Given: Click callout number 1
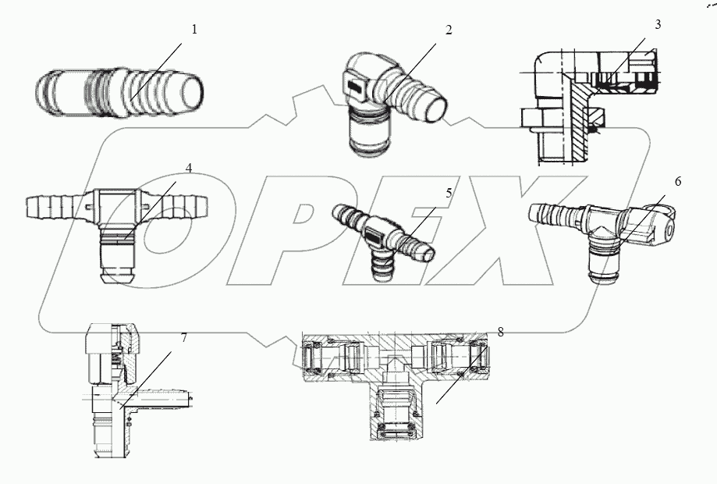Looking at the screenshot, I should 195,30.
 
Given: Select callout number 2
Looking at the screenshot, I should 449,30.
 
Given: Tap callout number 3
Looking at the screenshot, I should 658,24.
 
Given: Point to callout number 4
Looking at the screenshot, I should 190,167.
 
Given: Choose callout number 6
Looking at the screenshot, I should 677,182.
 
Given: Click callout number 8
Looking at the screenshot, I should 500,332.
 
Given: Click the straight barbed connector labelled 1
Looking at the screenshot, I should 121,92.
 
